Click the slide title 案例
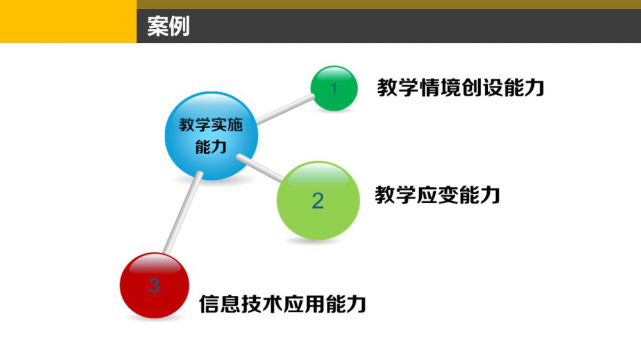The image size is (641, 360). point(169,26)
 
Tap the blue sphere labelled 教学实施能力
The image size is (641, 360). point(212,136)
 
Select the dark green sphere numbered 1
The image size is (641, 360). point(334,88)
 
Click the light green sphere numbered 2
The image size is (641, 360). point(319,200)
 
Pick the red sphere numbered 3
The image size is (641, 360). point(154,285)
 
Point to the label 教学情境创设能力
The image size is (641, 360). point(461,88)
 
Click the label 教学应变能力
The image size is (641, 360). point(437,195)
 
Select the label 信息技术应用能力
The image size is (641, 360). point(283,304)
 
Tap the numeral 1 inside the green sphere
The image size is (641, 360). point(334,88)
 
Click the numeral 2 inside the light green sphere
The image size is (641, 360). point(318,200)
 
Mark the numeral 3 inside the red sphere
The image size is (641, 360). point(154,285)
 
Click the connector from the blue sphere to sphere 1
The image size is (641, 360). point(285,109)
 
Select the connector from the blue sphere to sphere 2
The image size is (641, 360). point(260,168)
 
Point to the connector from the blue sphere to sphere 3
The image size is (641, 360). point(183,213)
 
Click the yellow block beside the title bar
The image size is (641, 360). point(69,21)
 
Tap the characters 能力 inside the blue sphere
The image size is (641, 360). point(211,147)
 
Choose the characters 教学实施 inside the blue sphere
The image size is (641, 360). point(211,125)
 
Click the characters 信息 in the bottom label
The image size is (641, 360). point(219,304)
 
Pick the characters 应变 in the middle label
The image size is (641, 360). point(437,195)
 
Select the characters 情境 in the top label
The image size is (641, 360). point(440,88)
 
